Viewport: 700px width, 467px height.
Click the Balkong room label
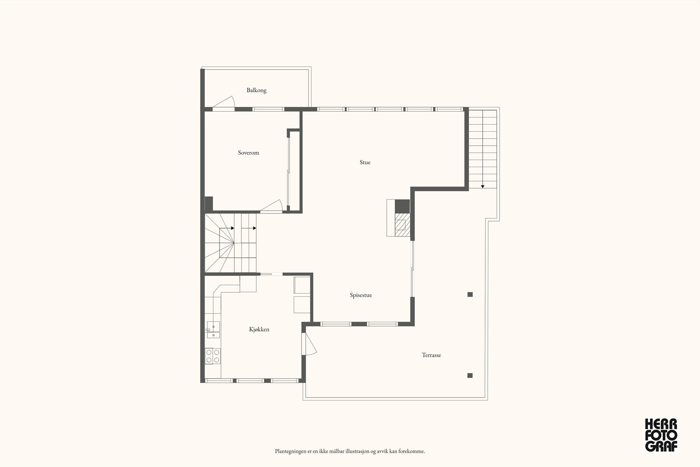(256, 90)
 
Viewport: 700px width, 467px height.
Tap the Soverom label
(248, 153)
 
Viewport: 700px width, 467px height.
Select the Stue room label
(365, 162)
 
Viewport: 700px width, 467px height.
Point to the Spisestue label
(361, 295)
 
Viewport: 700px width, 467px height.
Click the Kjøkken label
(259, 329)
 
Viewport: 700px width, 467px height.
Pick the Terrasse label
(431, 355)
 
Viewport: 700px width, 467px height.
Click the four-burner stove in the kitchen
(213, 356)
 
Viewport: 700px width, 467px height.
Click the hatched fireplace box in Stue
(402, 225)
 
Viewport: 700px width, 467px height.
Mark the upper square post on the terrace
(470, 295)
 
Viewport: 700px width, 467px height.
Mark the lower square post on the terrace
(470, 375)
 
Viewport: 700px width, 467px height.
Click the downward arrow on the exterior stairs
(483, 186)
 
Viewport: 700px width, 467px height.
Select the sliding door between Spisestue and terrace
(412, 269)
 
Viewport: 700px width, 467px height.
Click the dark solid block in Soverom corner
(209, 204)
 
